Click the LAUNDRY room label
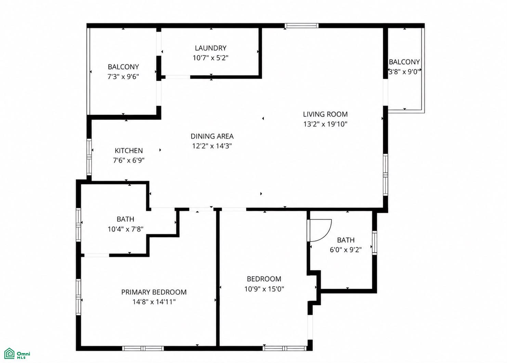point(210,48)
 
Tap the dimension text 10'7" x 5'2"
point(210,58)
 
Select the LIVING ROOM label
point(325,114)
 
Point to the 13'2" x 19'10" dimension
point(325,124)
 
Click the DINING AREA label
point(212,136)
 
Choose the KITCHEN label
point(129,151)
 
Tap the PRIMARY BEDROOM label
point(154,292)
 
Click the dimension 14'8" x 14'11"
point(154,302)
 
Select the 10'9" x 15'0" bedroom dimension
point(264,289)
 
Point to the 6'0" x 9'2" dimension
point(346,250)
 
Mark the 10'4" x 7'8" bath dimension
point(126,229)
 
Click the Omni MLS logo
point(17,353)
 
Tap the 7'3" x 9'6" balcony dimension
point(123,77)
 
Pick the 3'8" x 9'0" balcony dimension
point(404,72)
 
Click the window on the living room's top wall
point(301,26)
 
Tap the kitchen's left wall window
point(89,157)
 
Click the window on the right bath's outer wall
point(375,243)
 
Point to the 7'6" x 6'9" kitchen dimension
point(129,160)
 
